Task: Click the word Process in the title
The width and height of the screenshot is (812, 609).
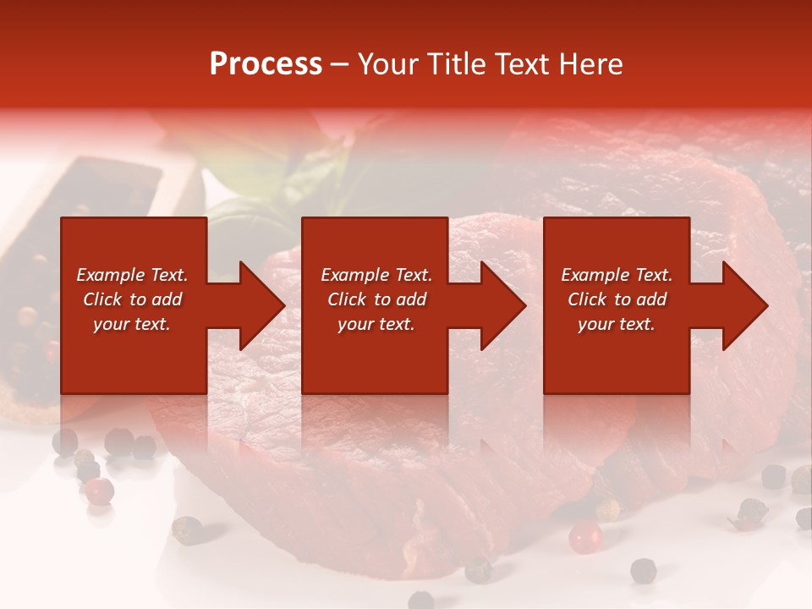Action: pos(266,64)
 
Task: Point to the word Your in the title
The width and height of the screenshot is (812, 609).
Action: pos(387,64)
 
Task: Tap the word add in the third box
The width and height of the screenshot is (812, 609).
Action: pos(650,299)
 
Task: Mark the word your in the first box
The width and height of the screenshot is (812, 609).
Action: pos(110,324)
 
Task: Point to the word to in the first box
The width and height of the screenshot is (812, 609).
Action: pos(138,299)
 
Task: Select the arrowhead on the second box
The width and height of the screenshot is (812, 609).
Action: pos(502,305)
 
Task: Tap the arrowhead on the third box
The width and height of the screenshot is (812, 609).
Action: pos(744,305)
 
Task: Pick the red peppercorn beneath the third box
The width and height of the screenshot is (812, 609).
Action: pos(584,536)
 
